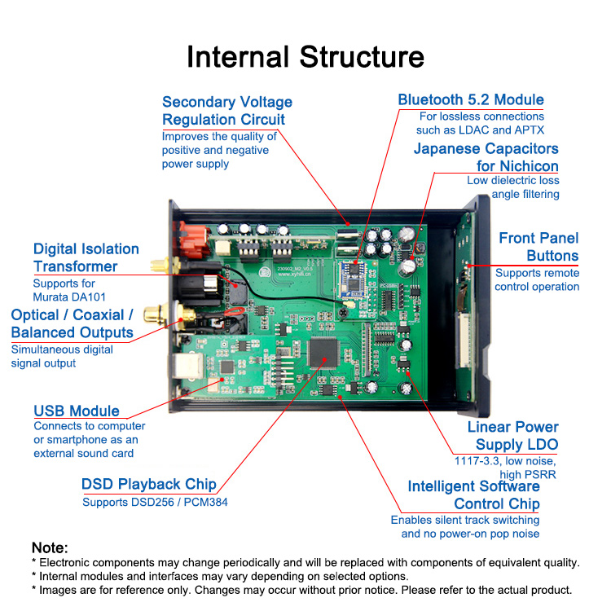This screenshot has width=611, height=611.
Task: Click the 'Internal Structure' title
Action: tap(305, 57)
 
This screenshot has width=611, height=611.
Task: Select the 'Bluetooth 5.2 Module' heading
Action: tap(471, 100)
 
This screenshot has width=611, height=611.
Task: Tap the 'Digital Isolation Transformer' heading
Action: tap(86, 257)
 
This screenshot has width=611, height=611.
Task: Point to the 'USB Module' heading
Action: tap(77, 411)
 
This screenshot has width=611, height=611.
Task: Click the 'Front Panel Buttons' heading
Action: tap(538, 247)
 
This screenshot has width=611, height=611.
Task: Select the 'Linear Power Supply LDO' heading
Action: tap(513, 436)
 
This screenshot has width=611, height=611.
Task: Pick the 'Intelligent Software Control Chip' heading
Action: tap(473, 495)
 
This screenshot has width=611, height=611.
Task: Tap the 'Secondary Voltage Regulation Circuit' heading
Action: tap(226, 111)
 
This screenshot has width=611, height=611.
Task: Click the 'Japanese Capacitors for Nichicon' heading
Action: tap(486, 157)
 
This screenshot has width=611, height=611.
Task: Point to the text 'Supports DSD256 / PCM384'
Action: tap(155, 502)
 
